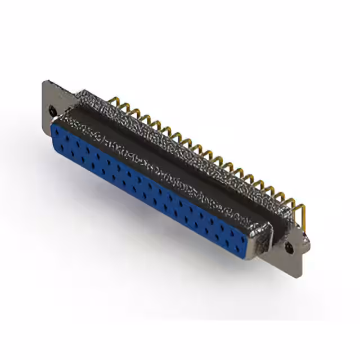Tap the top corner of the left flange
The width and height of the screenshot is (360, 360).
click(x=45, y=83)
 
